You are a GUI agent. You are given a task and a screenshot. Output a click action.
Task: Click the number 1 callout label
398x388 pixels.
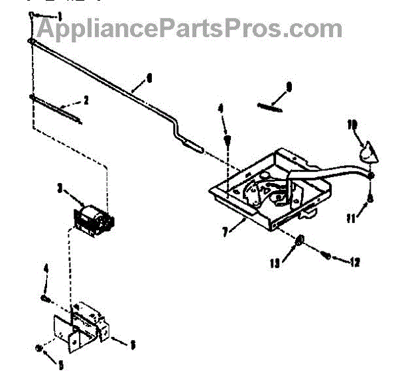[60, 15]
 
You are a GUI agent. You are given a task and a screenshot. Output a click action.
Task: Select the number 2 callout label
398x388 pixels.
[86, 101]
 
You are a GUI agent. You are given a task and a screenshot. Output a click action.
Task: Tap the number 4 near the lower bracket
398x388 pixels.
[46, 269]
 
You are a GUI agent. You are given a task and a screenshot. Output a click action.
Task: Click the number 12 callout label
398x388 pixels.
[354, 262]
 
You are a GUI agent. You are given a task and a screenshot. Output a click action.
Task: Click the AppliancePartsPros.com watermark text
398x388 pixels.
[189, 28]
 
